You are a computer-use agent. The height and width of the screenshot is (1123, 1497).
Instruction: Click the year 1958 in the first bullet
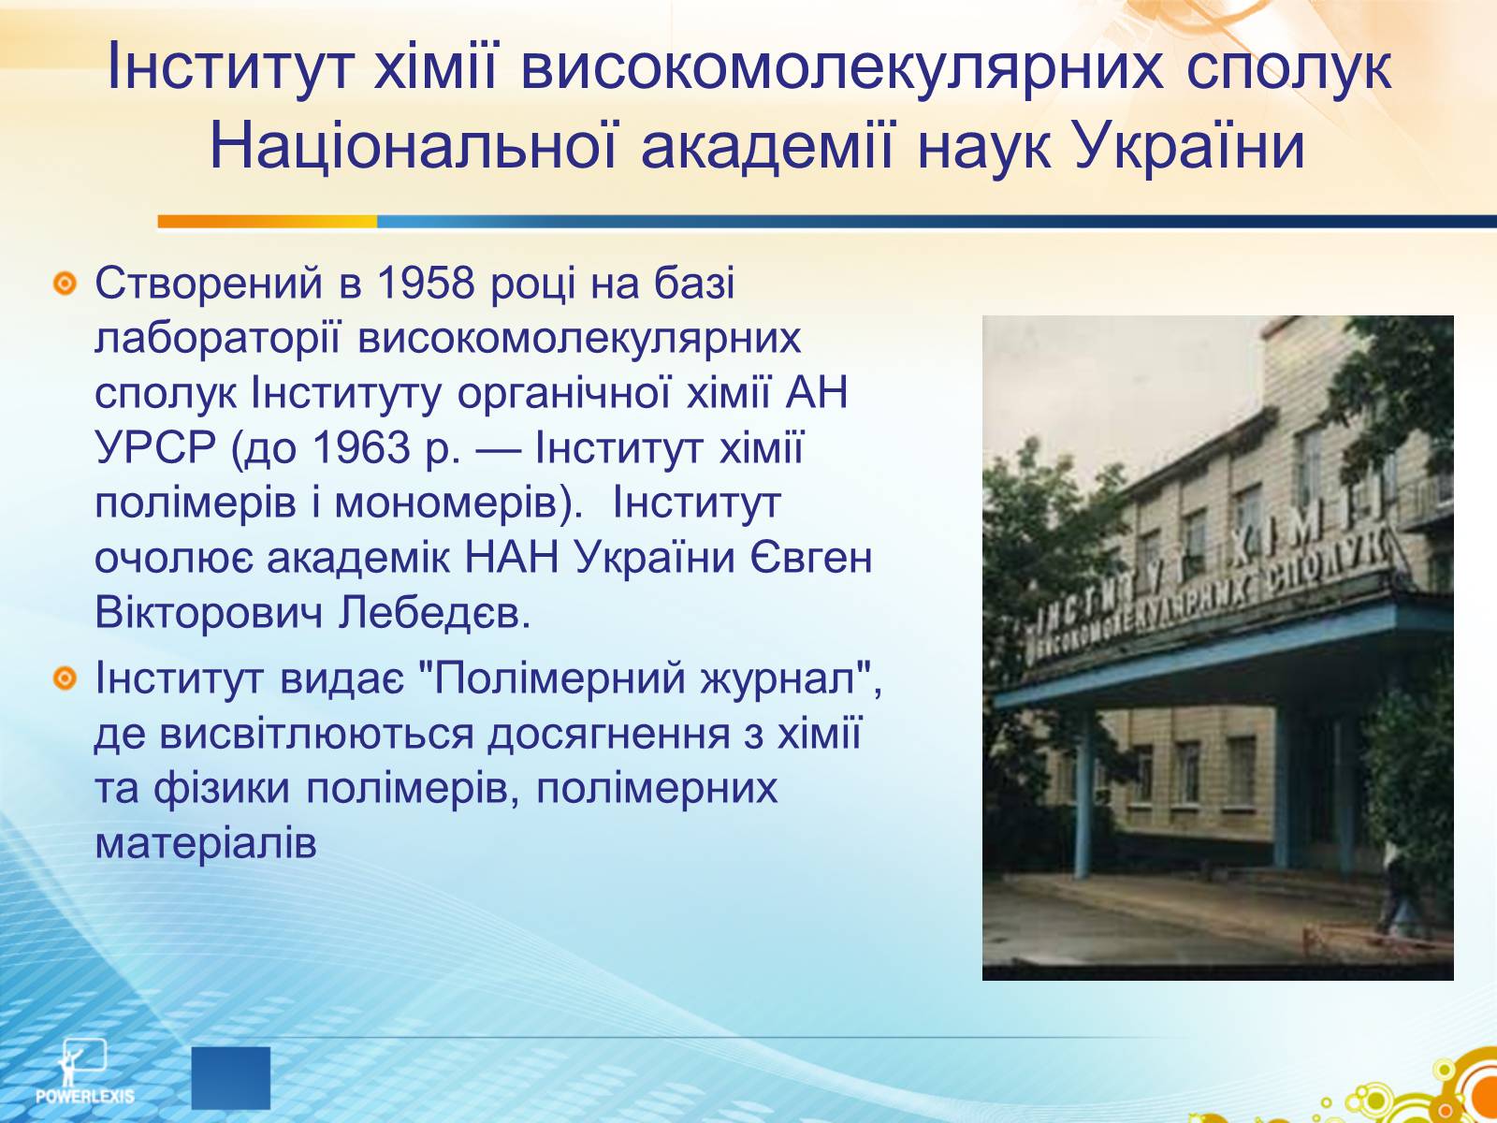pyautogui.click(x=425, y=283)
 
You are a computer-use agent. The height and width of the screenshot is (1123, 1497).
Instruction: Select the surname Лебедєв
pyautogui.click(x=434, y=613)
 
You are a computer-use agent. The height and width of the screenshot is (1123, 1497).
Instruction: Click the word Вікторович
pyautogui.click(x=208, y=613)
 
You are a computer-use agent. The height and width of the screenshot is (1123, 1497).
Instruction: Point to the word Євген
pyautogui.click(x=811, y=558)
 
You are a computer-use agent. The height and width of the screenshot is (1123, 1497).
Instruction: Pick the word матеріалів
pyautogui.click(x=206, y=843)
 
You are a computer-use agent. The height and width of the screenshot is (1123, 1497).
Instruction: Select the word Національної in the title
pyautogui.click(x=414, y=146)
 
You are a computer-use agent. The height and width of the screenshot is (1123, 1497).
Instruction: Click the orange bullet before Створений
pyautogui.click(x=65, y=284)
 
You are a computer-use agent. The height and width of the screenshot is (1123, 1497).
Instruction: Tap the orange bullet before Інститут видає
pyautogui.click(x=65, y=678)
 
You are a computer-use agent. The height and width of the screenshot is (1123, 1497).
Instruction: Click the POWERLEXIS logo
pyautogui.click(x=84, y=1072)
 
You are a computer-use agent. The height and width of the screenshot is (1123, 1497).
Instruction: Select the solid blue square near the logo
pyautogui.click(x=230, y=1078)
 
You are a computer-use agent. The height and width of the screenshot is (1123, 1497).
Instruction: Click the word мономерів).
pyautogui.click(x=459, y=503)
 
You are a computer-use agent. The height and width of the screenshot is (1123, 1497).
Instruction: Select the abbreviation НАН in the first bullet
pyautogui.click(x=512, y=558)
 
